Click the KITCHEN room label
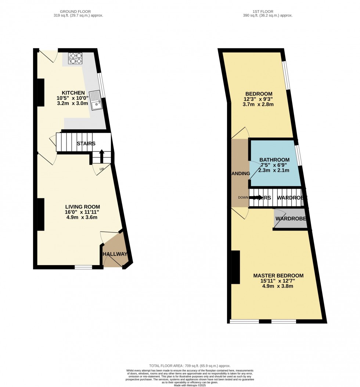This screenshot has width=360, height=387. pyautogui.click(x=73, y=93)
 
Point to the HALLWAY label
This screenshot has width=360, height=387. pyautogui.click(x=115, y=254)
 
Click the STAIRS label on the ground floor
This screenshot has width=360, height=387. pyautogui.click(x=86, y=144)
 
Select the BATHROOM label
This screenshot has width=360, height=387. pyautogui.click(x=274, y=160)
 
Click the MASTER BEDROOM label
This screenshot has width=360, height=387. pyautogui.click(x=278, y=276)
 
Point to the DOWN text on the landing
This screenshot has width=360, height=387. pyautogui.click(x=243, y=198)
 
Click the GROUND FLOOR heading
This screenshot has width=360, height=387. pyautogui.click(x=75, y=12)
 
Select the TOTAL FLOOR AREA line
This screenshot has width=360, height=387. pyautogui.click(x=190, y=366)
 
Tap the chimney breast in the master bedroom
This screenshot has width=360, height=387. pyautogui.click(x=235, y=267)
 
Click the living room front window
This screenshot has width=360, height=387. pyautogui.click(x=83, y=267)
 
